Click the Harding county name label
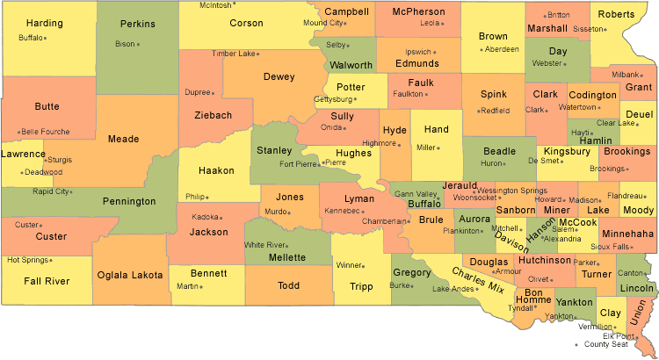(x=44, y=23)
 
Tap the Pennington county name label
(x=128, y=202)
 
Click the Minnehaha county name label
(x=627, y=234)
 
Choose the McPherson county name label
(x=418, y=11)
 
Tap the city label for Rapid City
(x=51, y=191)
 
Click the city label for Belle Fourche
(x=44, y=132)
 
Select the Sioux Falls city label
(x=609, y=247)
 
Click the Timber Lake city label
(x=232, y=54)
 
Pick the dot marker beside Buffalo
(x=45, y=38)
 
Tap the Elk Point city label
(x=619, y=336)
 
